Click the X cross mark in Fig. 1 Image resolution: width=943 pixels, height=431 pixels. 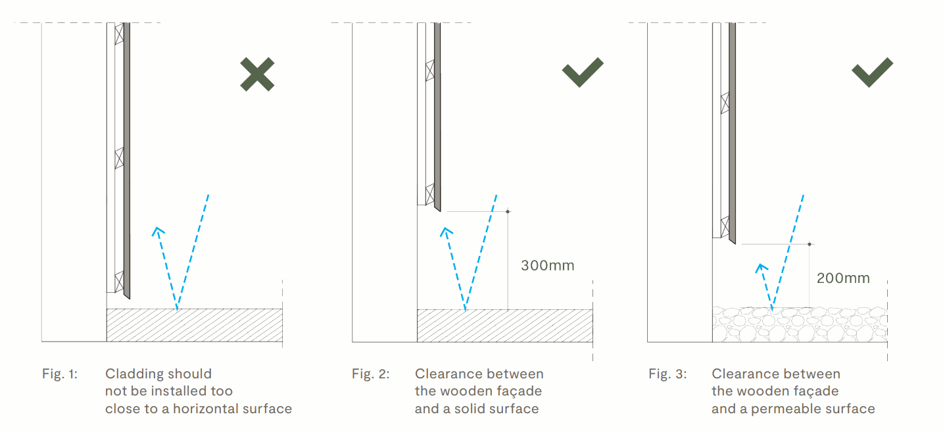pyautogui.click(x=257, y=74)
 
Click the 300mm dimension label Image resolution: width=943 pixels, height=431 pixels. pyautogui.click(x=548, y=265)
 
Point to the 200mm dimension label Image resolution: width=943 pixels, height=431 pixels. pyautogui.click(x=843, y=278)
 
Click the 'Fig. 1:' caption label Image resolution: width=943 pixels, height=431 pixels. pyautogui.click(x=60, y=374)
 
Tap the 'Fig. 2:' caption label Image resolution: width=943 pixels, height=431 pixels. pyautogui.click(x=371, y=374)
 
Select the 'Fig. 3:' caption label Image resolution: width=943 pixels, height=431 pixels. pyautogui.click(x=667, y=374)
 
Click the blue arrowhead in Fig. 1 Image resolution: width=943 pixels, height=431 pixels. pyautogui.click(x=158, y=231)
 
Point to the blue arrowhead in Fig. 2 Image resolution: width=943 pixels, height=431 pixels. pyautogui.click(x=447, y=231)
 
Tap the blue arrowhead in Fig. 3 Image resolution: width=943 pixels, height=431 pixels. pyautogui.click(x=761, y=268)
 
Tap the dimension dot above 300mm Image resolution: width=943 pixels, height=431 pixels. pyautogui.click(x=508, y=211)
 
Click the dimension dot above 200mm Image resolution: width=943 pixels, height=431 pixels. pyautogui.click(x=810, y=244)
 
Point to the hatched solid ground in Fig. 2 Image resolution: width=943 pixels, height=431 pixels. pyautogui.click(x=505, y=326)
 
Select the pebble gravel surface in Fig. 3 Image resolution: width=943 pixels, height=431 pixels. pyautogui.click(x=800, y=324)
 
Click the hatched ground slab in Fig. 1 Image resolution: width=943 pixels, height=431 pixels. pyautogui.click(x=195, y=325)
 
